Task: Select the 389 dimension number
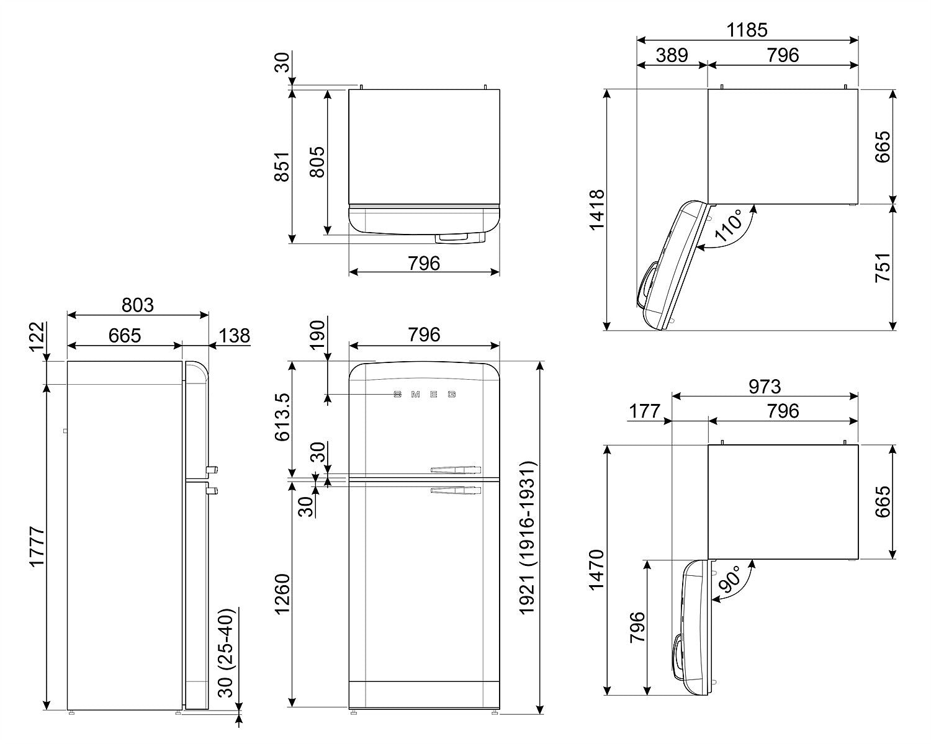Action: (x=672, y=55)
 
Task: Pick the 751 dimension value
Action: (x=883, y=267)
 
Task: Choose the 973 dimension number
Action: (x=764, y=386)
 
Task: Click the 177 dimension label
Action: (x=646, y=411)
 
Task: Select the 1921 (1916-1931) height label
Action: (x=528, y=537)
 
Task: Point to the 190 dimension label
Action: (x=317, y=336)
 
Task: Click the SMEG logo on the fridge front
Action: (x=425, y=394)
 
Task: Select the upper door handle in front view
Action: (x=456, y=468)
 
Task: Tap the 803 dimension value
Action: (x=137, y=305)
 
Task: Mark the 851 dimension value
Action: (x=283, y=166)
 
